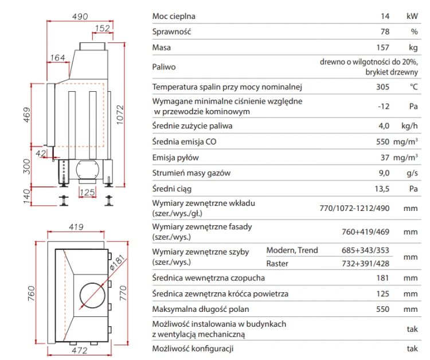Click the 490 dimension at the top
(80, 17)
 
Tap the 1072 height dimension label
(120, 115)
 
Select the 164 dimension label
(57, 57)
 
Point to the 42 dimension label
(41, 153)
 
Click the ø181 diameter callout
(117, 263)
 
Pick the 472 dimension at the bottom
(80, 350)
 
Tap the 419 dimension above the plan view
(76, 227)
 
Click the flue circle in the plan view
(92, 296)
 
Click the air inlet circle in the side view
(88, 170)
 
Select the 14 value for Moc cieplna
(385, 16)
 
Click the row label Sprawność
(171, 32)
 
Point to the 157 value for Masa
(383, 48)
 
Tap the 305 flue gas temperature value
(383, 87)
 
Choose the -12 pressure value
(384, 107)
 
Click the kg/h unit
(409, 126)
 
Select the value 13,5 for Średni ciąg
(382, 189)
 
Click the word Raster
(277, 264)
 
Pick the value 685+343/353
(366, 250)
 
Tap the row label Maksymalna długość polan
(201, 310)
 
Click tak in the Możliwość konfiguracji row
(412, 349)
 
